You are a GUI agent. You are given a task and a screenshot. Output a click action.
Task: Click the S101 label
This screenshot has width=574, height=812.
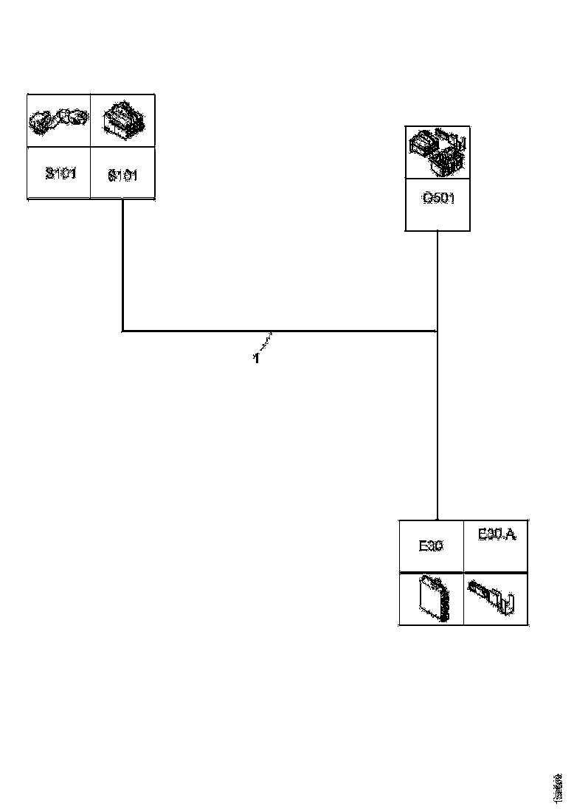(60, 174)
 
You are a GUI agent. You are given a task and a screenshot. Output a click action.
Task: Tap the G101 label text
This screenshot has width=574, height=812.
(122, 176)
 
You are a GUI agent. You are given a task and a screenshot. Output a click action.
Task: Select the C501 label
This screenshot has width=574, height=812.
(438, 199)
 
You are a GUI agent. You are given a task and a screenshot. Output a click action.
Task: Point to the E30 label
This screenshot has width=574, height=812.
(431, 546)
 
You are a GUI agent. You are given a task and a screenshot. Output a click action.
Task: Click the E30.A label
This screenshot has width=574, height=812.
(497, 534)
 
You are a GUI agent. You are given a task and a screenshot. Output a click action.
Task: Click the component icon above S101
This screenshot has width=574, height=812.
(59, 120)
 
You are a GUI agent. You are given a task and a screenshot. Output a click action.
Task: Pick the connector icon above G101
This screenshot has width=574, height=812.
(123, 120)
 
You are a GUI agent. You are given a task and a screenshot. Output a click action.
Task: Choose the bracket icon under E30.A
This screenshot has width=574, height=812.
(495, 597)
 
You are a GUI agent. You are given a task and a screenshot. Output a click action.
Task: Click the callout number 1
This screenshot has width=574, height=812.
(256, 359)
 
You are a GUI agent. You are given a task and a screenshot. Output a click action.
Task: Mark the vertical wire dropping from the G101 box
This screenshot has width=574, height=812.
(122, 266)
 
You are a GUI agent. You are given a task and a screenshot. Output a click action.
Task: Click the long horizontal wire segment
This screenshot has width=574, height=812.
(280, 331)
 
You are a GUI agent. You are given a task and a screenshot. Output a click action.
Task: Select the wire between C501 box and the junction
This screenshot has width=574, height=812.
(438, 281)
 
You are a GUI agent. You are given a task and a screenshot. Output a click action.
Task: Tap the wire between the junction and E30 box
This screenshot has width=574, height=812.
(438, 428)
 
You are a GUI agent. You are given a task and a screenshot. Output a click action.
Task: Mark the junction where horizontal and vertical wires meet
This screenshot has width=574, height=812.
(438, 331)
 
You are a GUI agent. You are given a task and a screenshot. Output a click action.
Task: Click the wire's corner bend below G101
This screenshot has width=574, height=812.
(122, 331)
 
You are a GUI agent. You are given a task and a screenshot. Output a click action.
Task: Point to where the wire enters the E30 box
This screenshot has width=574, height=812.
(438, 520)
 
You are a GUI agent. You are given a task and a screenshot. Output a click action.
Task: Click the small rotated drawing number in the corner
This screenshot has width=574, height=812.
(559, 788)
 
